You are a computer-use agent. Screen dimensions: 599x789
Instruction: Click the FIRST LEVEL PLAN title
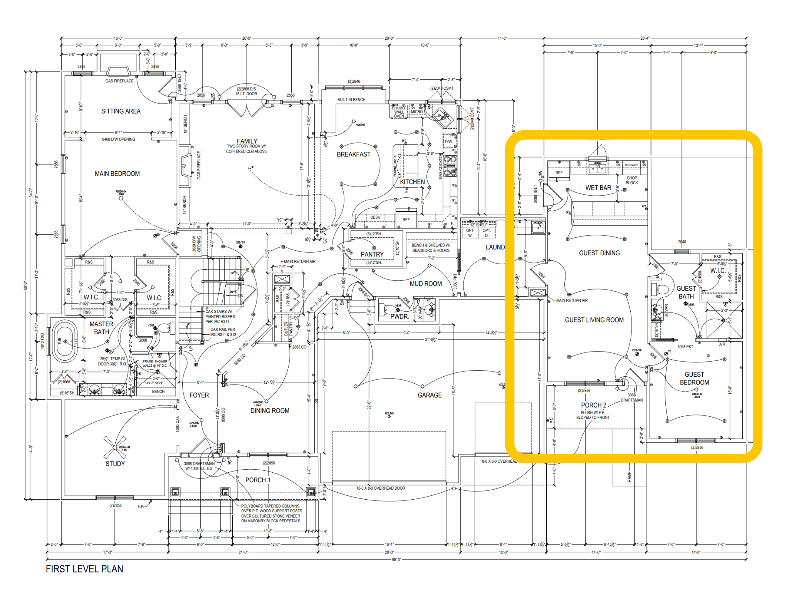[x=84, y=569]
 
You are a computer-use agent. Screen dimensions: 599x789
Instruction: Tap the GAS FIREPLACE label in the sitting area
[x=119, y=81]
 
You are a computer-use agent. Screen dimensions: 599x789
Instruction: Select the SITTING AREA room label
[x=121, y=111]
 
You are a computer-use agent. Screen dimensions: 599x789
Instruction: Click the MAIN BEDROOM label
[x=117, y=174]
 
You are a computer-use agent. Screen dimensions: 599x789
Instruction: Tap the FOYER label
[x=199, y=395]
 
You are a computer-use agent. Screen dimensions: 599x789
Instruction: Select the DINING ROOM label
[x=270, y=411]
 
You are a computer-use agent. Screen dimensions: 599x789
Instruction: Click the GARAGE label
[x=430, y=395]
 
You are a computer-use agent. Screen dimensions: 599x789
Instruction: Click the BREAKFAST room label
[x=353, y=154]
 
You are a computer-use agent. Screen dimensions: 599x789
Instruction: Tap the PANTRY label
[x=372, y=254]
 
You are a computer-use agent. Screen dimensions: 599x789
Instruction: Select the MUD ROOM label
[x=425, y=284]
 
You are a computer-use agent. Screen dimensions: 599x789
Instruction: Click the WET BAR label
[x=598, y=188]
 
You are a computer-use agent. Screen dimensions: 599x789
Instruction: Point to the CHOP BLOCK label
[x=631, y=180]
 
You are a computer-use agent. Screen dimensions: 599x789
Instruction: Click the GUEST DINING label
[x=599, y=253]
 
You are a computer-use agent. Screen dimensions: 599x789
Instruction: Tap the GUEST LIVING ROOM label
[x=594, y=320]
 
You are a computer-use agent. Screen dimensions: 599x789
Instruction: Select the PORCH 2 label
[x=593, y=405]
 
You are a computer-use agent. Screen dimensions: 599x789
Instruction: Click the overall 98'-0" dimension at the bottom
[x=396, y=559]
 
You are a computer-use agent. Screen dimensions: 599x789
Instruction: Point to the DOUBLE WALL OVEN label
[x=399, y=112]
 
